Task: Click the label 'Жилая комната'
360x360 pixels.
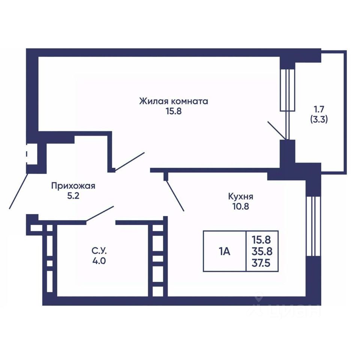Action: (174, 101)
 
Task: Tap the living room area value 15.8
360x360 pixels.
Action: (174, 111)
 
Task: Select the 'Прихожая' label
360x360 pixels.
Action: (73, 186)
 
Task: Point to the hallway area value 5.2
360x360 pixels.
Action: (73, 196)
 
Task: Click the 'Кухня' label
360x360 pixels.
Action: (241, 196)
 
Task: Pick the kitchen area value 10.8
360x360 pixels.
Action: (241, 207)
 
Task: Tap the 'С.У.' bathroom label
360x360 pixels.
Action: (99, 251)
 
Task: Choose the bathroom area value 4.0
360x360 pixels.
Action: (99, 261)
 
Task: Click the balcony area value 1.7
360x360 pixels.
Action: (319, 109)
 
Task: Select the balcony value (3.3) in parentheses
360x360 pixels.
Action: (319, 120)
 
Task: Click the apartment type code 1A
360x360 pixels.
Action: (224, 252)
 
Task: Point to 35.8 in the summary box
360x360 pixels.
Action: (262, 251)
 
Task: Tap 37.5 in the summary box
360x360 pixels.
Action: (261, 263)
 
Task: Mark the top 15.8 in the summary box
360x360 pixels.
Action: (261, 240)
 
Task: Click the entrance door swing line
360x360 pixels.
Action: (19, 191)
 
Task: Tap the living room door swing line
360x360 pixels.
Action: (130, 162)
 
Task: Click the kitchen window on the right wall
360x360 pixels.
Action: (313, 226)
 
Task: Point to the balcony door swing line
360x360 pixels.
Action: (277, 130)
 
